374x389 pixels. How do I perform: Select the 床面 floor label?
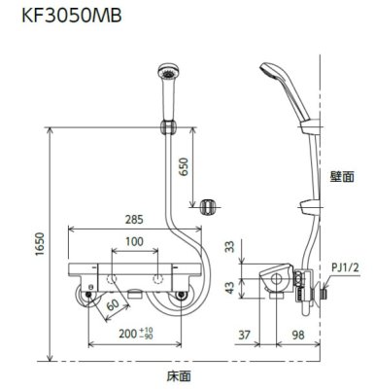177,372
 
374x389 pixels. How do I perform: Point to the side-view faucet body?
277,282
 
